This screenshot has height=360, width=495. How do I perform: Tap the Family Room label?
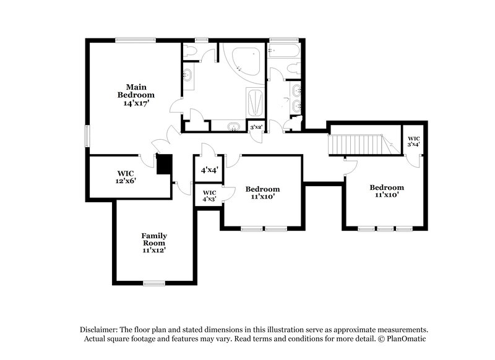(x=153, y=242)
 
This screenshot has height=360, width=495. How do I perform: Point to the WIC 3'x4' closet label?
(x=413, y=140)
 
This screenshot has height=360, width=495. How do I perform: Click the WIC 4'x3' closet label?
(x=209, y=195)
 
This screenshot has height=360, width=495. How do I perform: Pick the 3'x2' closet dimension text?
(x=255, y=127)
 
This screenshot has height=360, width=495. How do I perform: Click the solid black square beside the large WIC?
(x=163, y=165)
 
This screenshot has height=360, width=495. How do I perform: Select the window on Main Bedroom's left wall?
(x=87, y=135)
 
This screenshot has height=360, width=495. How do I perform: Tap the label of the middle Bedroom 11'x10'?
(x=262, y=192)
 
